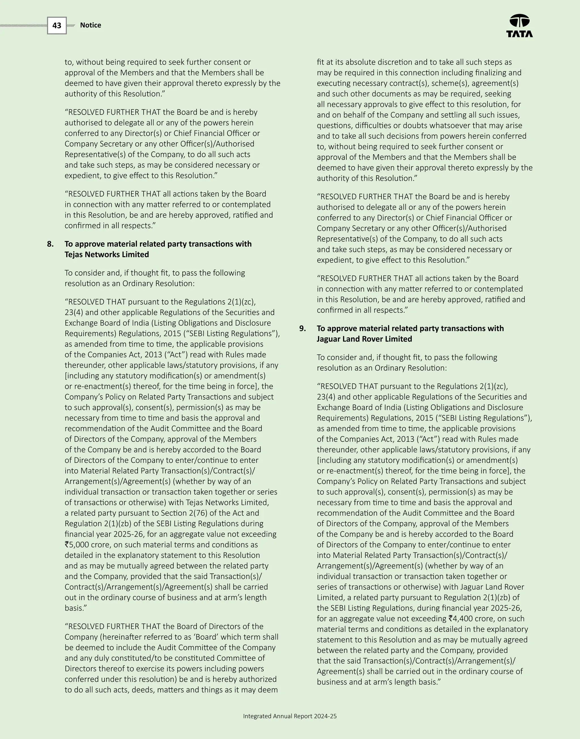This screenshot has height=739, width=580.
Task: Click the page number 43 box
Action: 57,26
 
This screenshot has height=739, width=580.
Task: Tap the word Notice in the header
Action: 90,25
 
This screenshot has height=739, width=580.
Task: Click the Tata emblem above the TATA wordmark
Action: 519,21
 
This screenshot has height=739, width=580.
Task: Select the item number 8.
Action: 50,244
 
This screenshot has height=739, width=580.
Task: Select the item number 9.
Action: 302,328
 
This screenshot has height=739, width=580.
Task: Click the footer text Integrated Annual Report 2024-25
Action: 290,716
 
